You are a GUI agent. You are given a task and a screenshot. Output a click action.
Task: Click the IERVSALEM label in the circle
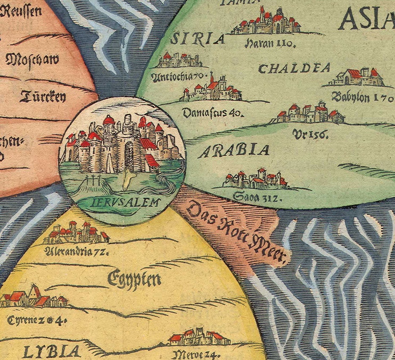[x=125, y=202]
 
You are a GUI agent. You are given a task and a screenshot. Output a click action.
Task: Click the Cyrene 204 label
[x=37, y=320]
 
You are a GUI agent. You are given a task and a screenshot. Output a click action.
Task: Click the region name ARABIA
[x=233, y=151]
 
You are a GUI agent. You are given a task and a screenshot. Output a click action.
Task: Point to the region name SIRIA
[x=197, y=39]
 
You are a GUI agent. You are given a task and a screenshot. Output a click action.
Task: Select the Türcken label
[x=43, y=97]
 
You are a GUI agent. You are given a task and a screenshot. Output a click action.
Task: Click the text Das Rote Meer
[x=236, y=232]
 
